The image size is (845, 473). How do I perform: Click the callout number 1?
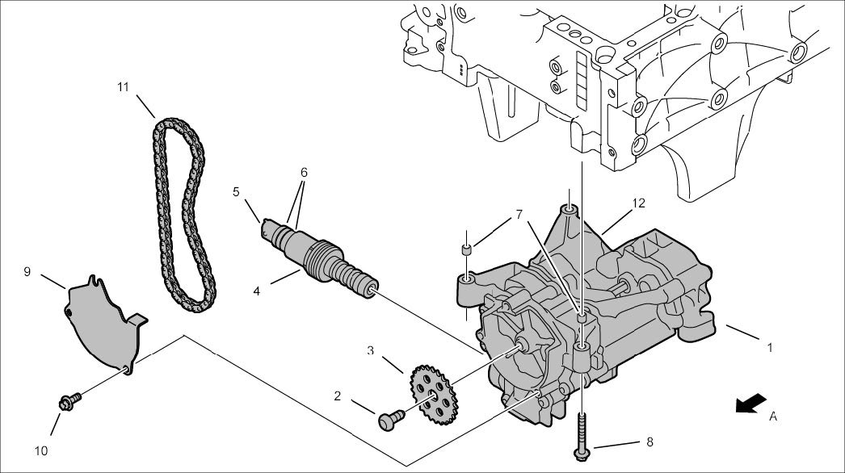click(770, 348)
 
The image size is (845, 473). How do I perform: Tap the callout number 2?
click(338, 396)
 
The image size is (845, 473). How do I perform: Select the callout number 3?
click(371, 350)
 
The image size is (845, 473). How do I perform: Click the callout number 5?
click(236, 192)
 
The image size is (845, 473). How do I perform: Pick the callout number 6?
click(304, 173)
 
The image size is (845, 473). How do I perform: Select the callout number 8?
click(650, 442)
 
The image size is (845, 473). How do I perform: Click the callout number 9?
click(27, 272)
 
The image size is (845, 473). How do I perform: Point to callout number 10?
click(41, 449)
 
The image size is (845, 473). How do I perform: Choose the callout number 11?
click(123, 86)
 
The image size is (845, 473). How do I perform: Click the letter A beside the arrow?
click(773, 416)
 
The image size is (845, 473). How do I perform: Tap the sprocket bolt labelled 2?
click(391, 419)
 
